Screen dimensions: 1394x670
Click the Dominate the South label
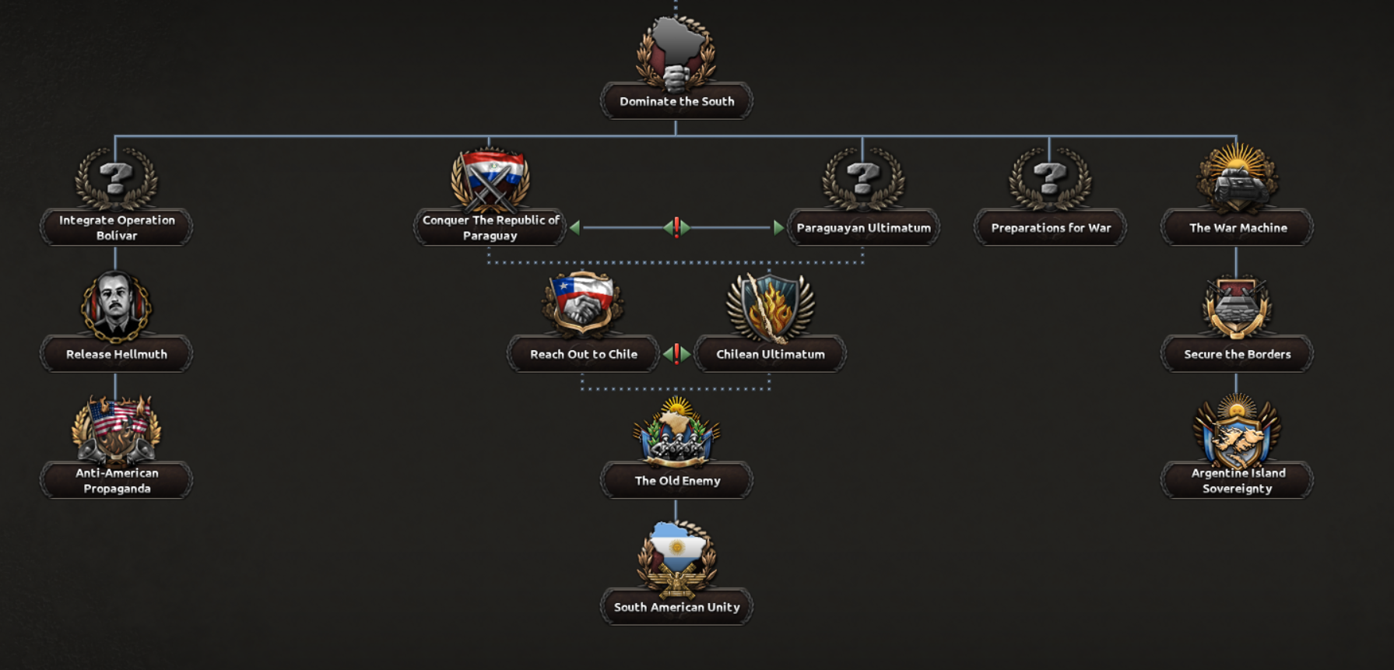click(676, 101)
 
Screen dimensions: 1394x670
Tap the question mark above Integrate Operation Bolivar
click(116, 178)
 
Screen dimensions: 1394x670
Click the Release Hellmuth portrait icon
click(116, 306)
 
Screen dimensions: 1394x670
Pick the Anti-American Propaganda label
click(117, 481)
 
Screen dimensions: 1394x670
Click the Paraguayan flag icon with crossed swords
click(490, 179)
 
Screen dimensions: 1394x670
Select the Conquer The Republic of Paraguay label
click(490, 228)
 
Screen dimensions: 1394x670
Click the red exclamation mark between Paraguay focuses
click(676, 227)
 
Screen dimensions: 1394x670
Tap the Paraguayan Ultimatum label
click(863, 228)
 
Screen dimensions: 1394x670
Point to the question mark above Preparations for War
click(1050, 178)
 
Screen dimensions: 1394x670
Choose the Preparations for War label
click(1051, 228)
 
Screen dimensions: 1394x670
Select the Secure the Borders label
click(1237, 354)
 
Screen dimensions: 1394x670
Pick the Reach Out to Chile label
click(584, 354)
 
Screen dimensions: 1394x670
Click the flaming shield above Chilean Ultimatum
click(770, 306)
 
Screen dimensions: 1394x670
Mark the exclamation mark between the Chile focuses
click(676, 354)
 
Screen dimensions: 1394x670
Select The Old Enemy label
click(677, 481)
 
